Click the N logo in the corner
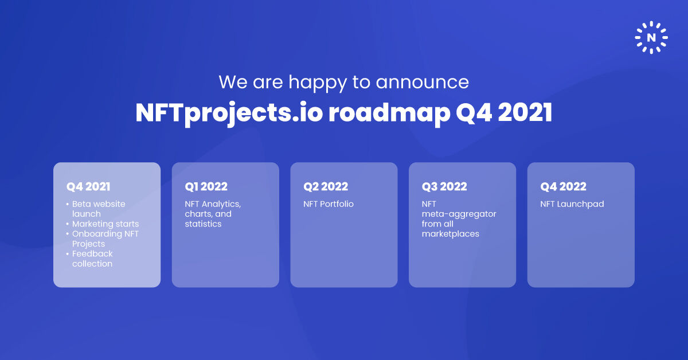tap(651, 38)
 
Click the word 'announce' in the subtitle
tap(423, 82)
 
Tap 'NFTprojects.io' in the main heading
tap(228, 114)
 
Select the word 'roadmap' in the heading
tap(389, 114)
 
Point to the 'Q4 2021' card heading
tap(88, 186)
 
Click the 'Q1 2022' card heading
tap(206, 186)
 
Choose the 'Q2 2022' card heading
tap(325, 186)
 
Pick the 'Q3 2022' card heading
tap(444, 186)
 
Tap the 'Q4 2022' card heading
tap(563, 186)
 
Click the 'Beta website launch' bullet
tap(97, 209)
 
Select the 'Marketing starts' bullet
tap(105, 224)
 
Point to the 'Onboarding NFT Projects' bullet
tap(105, 238)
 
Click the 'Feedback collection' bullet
tap(92, 259)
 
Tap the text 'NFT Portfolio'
tap(329, 204)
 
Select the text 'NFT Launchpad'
tap(572, 204)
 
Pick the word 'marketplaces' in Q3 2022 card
tap(450, 234)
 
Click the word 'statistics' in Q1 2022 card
tap(203, 224)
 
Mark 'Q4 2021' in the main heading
tap(504, 114)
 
